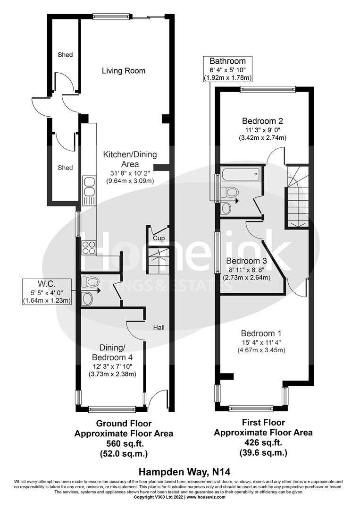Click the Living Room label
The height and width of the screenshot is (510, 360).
click(124, 71)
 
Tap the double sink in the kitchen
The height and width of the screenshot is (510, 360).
click(89, 190)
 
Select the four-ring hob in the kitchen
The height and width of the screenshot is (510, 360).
click(89, 247)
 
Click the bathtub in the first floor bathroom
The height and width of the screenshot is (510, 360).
click(240, 174)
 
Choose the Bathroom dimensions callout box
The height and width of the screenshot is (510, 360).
click(227, 69)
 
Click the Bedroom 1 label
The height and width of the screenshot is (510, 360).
click(261, 332)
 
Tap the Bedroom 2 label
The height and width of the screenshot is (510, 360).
click(263, 120)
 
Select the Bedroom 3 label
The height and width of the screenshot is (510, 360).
click(246, 261)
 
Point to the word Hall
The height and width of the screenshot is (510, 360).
click(158, 327)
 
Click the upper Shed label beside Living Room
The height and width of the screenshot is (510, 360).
click(65, 55)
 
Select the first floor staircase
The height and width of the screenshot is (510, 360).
click(297, 196)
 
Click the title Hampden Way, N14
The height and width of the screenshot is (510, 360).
click(180, 471)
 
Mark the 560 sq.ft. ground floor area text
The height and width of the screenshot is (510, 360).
click(124, 443)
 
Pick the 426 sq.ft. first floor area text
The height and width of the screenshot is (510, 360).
click(263, 442)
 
